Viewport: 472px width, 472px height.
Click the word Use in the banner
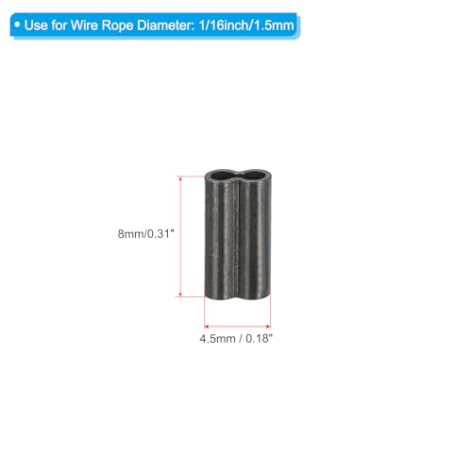(x=36, y=25)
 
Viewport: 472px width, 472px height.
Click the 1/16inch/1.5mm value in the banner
(x=246, y=25)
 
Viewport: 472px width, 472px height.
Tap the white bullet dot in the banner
(x=17, y=25)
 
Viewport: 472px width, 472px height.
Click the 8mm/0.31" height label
(x=145, y=234)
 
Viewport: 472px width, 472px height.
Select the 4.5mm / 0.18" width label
(x=236, y=339)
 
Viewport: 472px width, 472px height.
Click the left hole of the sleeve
(x=222, y=175)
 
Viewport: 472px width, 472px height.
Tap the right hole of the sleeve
(x=253, y=175)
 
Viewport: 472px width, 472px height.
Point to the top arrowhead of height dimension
(x=180, y=178)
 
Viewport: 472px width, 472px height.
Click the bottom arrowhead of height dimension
(x=180, y=294)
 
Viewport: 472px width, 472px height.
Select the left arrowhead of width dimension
(x=207, y=327)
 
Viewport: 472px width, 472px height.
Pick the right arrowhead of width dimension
(x=268, y=327)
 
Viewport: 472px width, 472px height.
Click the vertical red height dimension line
(x=180, y=236)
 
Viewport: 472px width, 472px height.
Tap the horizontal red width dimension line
(x=238, y=327)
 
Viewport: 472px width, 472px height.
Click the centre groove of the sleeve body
(x=238, y=239)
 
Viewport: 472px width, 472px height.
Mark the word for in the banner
(x=59, y=25)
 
